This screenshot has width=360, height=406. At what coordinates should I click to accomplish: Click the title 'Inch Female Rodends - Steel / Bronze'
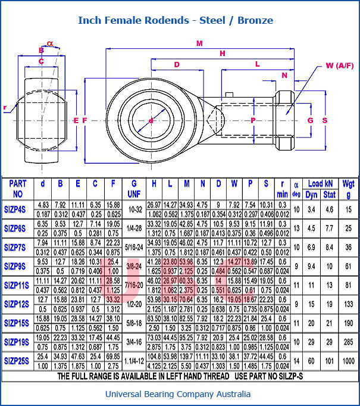(176, 20)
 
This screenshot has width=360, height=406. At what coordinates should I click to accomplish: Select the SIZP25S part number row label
(16, 360)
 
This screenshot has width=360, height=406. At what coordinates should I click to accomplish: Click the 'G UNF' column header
(134, 189)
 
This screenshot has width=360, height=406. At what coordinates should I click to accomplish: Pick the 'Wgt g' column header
(349, 189)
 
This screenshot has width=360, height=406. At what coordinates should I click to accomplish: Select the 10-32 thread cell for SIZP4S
(134, 210)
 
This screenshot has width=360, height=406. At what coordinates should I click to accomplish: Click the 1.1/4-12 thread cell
(134, 360)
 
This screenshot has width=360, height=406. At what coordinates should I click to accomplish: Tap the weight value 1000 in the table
(349, 360)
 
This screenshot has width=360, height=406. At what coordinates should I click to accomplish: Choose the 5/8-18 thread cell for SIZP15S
(134, 323)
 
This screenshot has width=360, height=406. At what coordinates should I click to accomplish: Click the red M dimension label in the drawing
(199, 43)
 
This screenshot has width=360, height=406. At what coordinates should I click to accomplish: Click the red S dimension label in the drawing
(325, 120)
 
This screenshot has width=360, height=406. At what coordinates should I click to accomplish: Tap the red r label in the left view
(5, 108)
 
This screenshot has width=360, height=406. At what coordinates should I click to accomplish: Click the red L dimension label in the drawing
(257, 63)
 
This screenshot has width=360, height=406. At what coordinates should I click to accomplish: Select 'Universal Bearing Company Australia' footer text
(178, 394)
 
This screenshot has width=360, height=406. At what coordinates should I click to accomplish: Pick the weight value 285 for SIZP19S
(349, 342)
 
